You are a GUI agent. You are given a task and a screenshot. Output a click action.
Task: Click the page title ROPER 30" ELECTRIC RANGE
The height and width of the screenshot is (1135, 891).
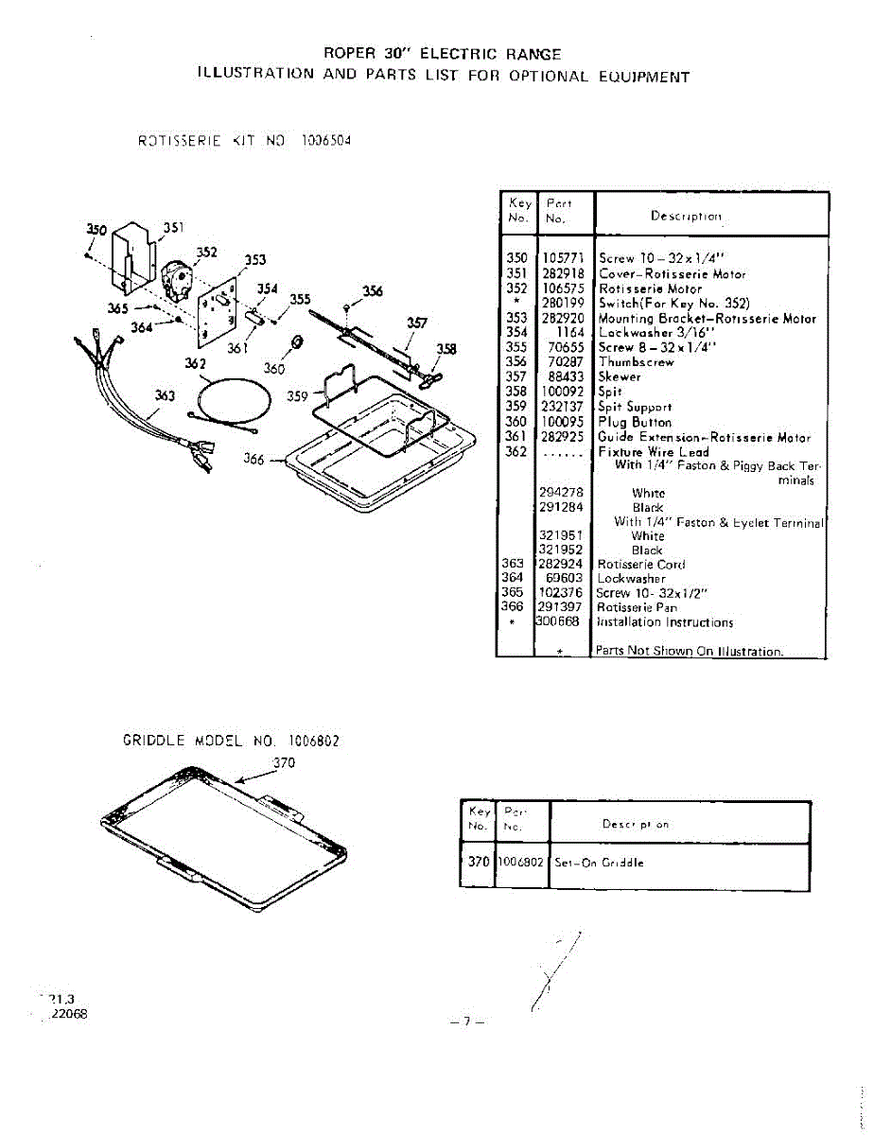(x=442, y=55)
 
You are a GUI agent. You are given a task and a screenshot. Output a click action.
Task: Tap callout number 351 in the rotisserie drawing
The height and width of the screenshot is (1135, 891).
(x=173, y=227)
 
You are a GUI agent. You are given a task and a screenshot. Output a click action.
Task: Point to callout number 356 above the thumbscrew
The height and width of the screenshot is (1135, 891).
(x=373, y=291)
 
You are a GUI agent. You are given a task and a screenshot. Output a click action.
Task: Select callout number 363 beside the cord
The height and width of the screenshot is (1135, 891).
(x=165, y=396)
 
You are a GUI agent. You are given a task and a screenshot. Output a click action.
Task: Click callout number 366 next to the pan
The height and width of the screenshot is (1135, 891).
(x=253, y=460)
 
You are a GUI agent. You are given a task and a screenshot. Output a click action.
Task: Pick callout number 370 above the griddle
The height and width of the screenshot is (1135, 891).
(x=285, y=762)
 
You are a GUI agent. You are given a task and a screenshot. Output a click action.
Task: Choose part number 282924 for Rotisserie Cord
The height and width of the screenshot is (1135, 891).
(x=562, y=565)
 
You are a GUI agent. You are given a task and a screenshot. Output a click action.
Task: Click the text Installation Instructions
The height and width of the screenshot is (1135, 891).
(x=665, y=622)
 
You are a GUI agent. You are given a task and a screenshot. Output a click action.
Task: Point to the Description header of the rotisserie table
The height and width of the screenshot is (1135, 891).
(x=686, y=217)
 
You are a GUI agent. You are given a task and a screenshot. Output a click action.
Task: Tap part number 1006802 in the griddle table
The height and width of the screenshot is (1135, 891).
(x=521, y=863)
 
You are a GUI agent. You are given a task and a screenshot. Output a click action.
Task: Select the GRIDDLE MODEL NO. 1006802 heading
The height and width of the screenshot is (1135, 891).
(x=231, y=742)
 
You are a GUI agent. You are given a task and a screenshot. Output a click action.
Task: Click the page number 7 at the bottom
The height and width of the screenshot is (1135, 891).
(x=466, y=1021)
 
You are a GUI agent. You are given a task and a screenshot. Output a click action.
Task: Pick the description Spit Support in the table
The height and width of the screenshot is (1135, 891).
(x=635, y=408)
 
